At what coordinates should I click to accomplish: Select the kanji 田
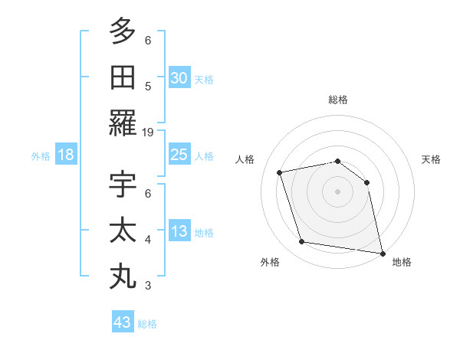[123, 77]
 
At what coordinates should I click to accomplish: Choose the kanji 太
[123, 231]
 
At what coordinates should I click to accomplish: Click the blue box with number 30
[179, 78]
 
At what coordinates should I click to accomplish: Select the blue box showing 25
[179, 155]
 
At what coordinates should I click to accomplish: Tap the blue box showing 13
[179, 231]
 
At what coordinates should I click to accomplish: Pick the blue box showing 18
[66, 155]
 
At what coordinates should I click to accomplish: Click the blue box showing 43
[123, 322]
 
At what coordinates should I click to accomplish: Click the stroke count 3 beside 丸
[148, 286]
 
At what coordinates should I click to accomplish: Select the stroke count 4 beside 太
[148, 240]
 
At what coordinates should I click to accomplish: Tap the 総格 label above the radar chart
[337, 100]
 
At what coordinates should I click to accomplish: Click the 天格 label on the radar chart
[431, 159]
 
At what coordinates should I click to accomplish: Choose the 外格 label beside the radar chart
[270, 262]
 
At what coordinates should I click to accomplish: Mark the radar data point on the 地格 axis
[382, 252]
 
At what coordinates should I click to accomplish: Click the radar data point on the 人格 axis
[280, 172]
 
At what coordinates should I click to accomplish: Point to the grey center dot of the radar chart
[337, 191]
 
